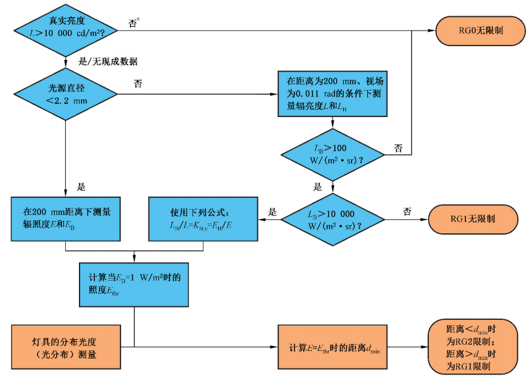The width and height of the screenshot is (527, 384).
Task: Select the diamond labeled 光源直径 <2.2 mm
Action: (66, 94)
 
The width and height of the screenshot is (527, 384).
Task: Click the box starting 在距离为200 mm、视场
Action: (332, 93)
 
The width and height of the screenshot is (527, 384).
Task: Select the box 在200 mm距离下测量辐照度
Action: (65, 218)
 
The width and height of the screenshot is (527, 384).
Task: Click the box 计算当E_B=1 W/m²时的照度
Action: (134, 284)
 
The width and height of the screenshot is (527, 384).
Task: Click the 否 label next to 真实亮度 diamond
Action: (133, 23)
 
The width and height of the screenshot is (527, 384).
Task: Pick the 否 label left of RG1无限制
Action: (407, 212)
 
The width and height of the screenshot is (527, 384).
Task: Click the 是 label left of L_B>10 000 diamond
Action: (272, 212)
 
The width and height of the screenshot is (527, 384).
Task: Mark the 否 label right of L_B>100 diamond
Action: (398, 148)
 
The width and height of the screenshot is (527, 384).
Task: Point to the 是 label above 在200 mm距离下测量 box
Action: (80, 186)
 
